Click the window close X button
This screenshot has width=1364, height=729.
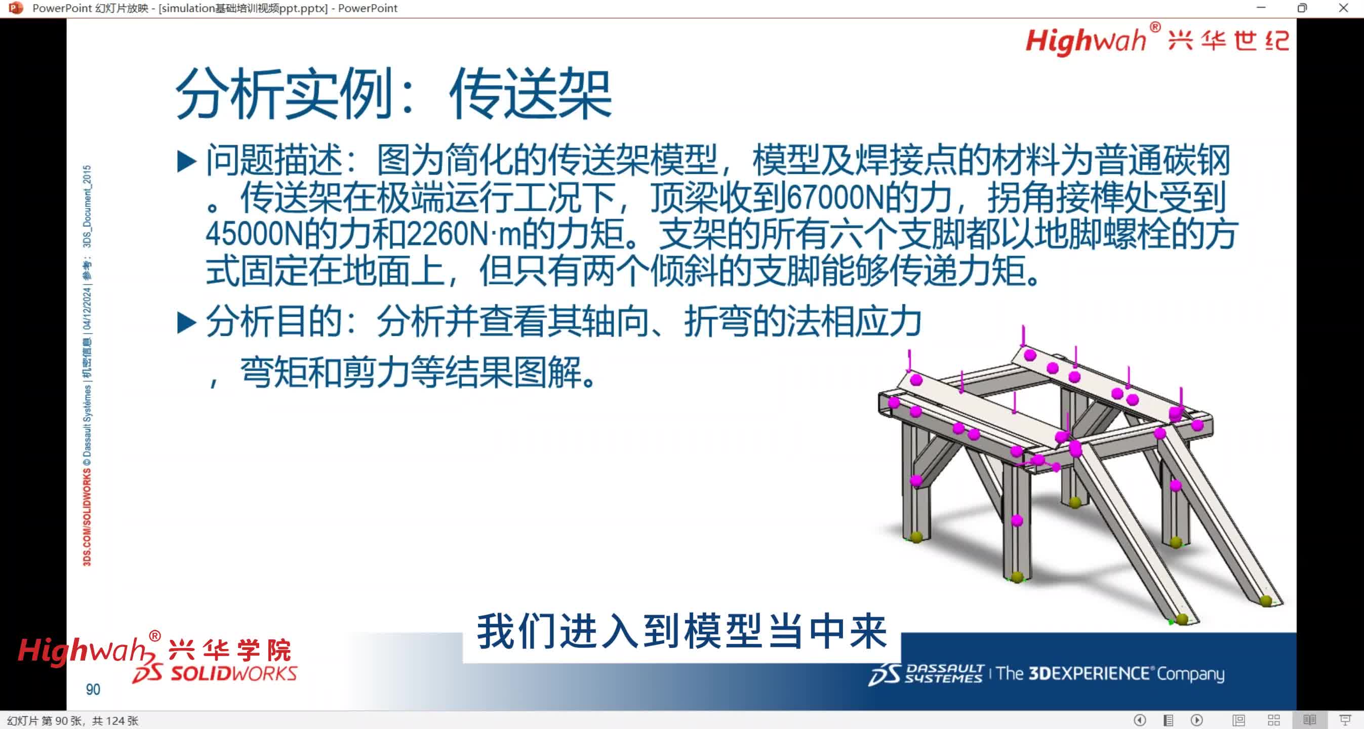1343,8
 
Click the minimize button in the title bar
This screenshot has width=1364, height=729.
1261,8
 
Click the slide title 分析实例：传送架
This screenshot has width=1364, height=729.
393,94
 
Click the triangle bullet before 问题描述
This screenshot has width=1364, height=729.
186,161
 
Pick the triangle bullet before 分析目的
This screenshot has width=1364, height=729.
186,322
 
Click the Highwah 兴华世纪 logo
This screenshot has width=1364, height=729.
1157,40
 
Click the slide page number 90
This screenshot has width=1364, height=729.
93,690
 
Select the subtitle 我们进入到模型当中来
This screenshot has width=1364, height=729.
681,632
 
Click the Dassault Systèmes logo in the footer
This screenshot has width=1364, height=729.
925,673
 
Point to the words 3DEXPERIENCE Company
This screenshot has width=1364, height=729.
1110,673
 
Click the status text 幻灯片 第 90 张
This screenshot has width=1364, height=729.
45,721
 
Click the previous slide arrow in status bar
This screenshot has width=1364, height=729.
1140,720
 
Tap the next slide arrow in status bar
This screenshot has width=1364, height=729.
1197,720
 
